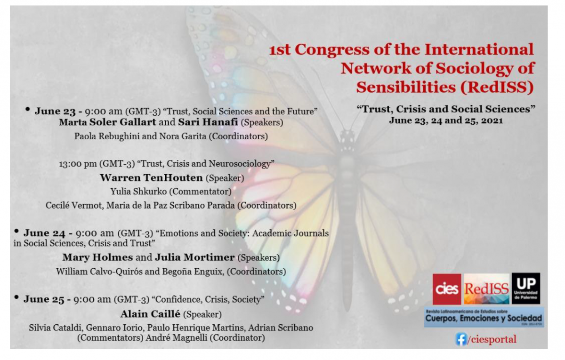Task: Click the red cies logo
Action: pyautogui.click(x=447, y=289)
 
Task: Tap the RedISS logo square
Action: pyautogui.click(x=486, y=289)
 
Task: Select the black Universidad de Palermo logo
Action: pyautogui.click(x=526, y=288)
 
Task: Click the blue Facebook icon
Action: pyautogui.click(x=461, y=339)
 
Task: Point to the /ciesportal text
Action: pyautogui.click(x=492, y=339)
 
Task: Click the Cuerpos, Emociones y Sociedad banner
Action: pyautogui.click(x=484, y=317)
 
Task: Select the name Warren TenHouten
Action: pyautogui.click(x=151, y=178)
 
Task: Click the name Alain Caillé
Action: pyautogui.click(x=150, y=314)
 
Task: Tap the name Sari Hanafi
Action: pyautogui.click(x=208, y=122)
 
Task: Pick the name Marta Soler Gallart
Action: pyautogui.click(x=107, y=122)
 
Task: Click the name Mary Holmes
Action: pyautogui.click(x=97, y=257)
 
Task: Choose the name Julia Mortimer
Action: pyautogui.click(x=195, y=257)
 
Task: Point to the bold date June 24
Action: pyautogui.click(x=44, y=233)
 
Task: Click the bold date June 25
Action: pyautogui.click(x=44, y=299)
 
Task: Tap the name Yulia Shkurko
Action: pyautogui.click(x=138, y=192)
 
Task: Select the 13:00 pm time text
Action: pyautogui.click(x=78, y=164)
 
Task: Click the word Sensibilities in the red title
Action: pyautogui.click(x=406, y=87)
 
